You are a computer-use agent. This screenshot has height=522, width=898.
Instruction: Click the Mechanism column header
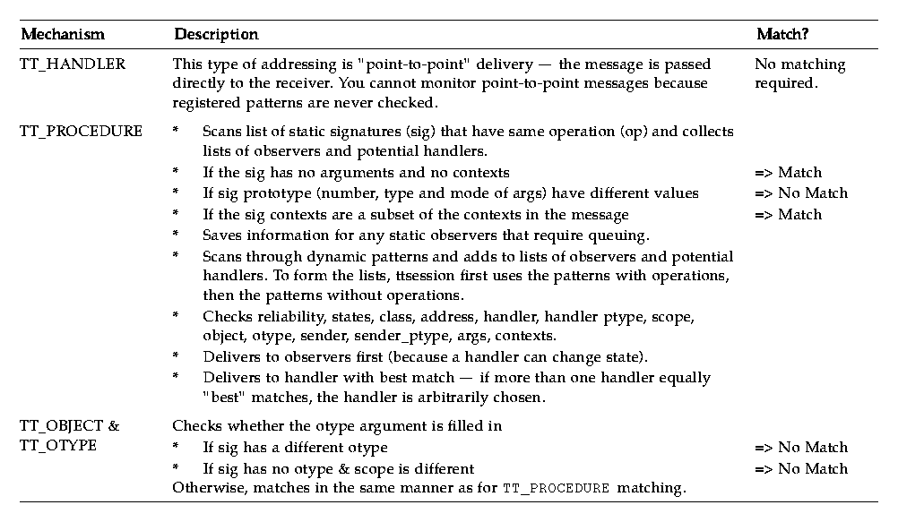[62, 35]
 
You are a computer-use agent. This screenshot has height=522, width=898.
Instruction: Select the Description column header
[216, 35]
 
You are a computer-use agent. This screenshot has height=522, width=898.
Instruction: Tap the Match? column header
[782, 35]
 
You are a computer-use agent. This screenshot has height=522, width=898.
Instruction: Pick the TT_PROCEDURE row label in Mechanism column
[81, 132]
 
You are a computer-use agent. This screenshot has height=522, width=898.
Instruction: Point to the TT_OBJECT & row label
[69, 426]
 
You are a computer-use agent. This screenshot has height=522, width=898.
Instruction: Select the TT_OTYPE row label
[57, 445]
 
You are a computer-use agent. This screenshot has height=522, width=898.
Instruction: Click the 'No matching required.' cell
[799, 73]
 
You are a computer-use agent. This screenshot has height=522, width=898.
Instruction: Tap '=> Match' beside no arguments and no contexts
[788, 172]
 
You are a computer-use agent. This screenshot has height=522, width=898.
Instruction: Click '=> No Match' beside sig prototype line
[800, 193]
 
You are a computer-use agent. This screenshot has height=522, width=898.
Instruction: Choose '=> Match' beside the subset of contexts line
[788, 215]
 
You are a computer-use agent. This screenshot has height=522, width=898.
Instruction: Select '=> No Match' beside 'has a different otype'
[800, 448]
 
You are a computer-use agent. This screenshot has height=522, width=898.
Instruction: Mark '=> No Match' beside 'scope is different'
[800, 469]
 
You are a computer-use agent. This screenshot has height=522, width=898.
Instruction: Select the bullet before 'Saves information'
[176, 235]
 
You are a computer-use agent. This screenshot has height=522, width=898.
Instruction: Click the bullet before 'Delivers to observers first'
[176, 357]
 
